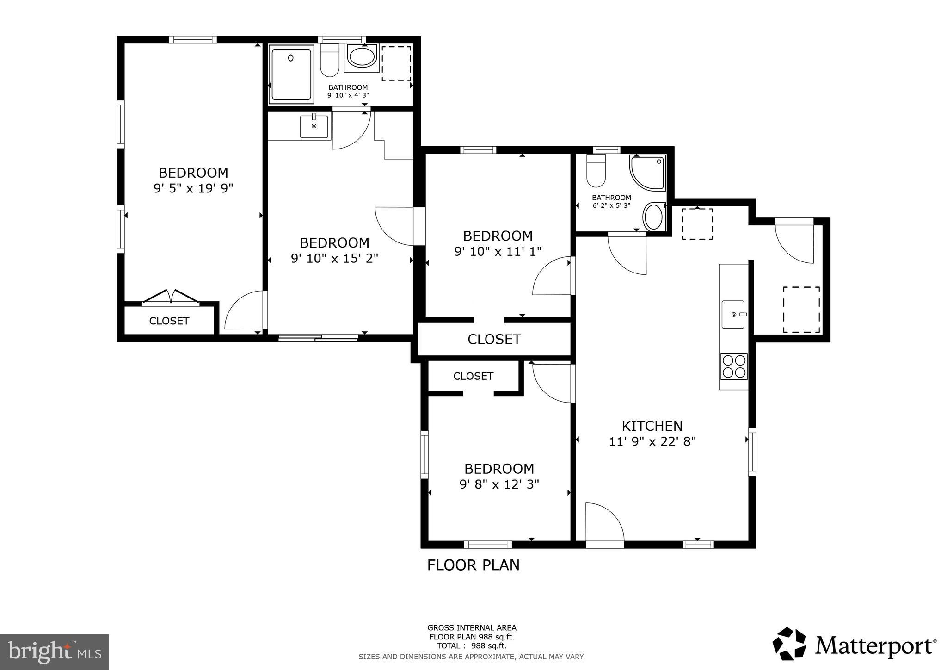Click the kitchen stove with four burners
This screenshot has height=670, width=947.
(x=734, y=366)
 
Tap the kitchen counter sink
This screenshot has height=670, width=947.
(x=733, y=314)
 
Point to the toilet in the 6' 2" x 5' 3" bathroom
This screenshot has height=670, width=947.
(x=596, y=170)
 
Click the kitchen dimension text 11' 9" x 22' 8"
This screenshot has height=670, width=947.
(x=652, y=441)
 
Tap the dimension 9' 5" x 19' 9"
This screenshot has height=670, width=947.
(x=193, y=188)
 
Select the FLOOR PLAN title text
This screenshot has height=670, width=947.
(x=473, y=565)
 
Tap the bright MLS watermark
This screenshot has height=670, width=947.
(x=55, y=652)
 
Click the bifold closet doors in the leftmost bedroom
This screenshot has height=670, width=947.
(x=171, y=297)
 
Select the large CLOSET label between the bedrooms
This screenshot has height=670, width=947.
(x=494, y=339)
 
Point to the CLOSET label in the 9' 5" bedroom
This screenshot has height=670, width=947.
(x=169, y=321)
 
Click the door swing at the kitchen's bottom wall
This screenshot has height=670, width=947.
(x=604, y=523)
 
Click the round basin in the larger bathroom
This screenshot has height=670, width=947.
(x=362, y=58)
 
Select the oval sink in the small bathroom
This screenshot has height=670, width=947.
(x=653, y=217)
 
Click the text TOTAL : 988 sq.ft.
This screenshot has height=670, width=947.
(x=472, y=645)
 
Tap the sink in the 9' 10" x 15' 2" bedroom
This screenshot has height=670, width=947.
(x=314, y=126)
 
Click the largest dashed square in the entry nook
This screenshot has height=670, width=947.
(x=801, y=309)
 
